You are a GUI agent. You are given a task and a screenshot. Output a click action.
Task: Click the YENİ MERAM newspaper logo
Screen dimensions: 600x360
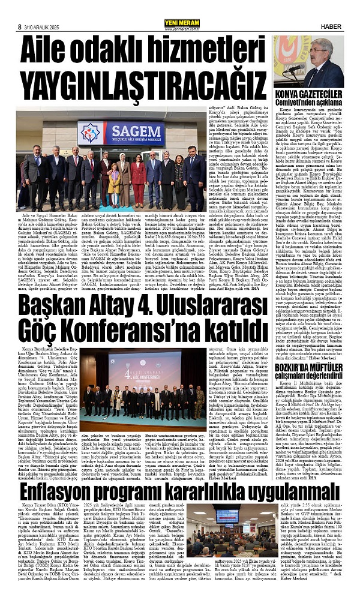click(179, 7)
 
